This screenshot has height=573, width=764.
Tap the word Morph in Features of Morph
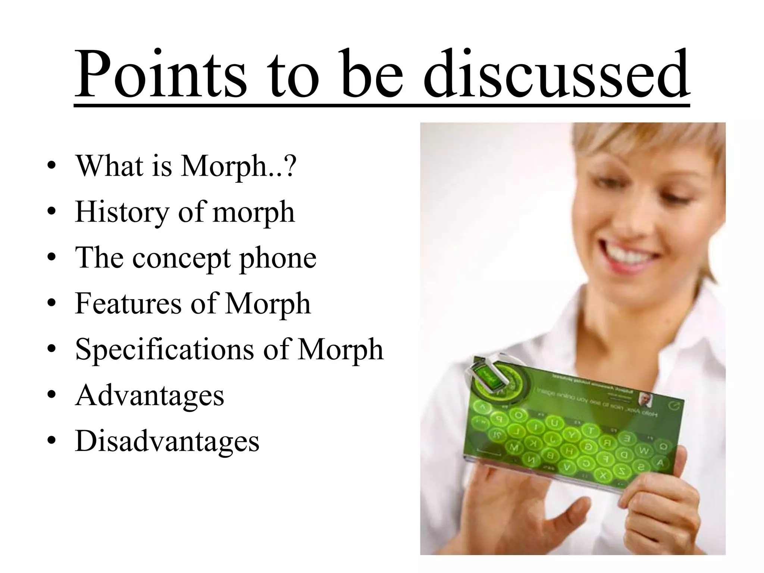[267, 303]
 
